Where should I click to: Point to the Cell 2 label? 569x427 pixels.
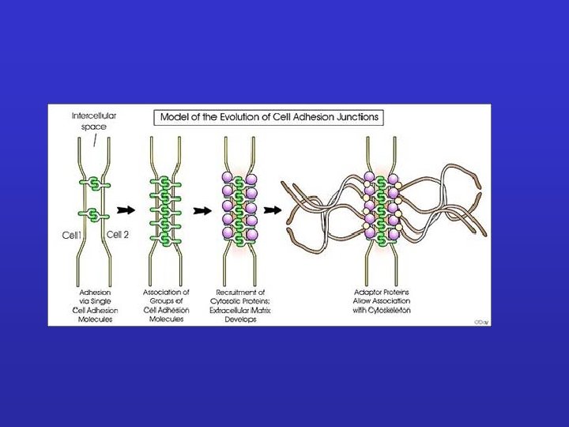click(117, 235)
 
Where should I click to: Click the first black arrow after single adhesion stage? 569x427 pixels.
click(125, 210)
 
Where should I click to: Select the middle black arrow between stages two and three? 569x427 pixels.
click(202, 210)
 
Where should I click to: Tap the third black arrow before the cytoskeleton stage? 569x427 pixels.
click(273, 210)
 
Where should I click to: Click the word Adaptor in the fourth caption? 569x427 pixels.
click(367, 292)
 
